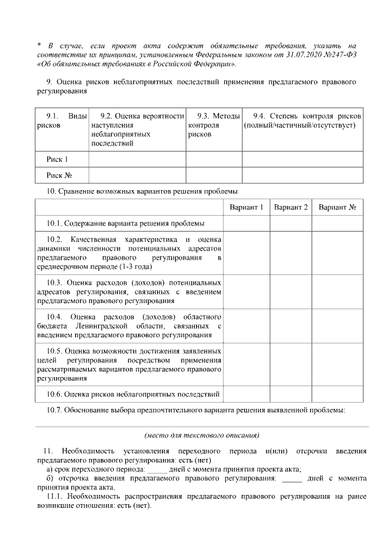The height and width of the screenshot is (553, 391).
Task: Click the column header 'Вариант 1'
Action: tap(246, 208)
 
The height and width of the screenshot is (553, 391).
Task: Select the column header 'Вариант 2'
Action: tap(291, 208)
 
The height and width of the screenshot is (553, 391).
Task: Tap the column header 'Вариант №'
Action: tap(337, 208)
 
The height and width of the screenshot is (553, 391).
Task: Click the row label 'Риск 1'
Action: tap(57, 159)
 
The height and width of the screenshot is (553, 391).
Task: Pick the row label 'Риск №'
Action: tap(60, 175)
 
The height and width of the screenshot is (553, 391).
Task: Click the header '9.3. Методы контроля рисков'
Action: tap(213, 125)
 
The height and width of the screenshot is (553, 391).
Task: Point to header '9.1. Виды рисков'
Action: tap(62, 120)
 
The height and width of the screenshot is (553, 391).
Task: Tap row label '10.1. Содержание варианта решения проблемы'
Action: tap(126, 224)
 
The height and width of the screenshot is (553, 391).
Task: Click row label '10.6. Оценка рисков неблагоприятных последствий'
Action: tap(133, 394)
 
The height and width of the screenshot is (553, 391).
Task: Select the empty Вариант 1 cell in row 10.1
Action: tap(246, 224)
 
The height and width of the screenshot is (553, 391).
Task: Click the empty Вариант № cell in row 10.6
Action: tap(337, 394)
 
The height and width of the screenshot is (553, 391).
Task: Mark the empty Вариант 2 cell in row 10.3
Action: tap(291, 292)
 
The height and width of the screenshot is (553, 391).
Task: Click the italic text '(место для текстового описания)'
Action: tap(202, 436)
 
